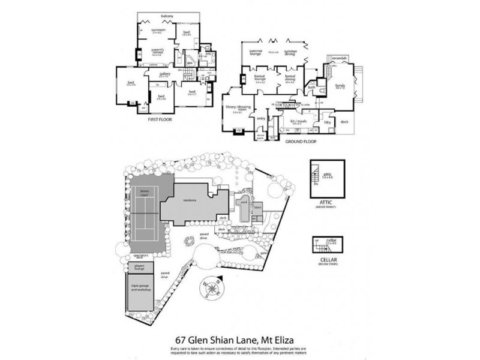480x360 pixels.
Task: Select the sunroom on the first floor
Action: tap(158, 31)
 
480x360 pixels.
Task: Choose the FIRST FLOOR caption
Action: tap(160, 119)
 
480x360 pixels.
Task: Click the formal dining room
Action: tap(290, 79)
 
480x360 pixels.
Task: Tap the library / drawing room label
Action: tap(237, 108)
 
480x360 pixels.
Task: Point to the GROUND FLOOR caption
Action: tap(301, 142)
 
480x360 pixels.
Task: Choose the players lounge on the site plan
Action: tap(140, 268)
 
